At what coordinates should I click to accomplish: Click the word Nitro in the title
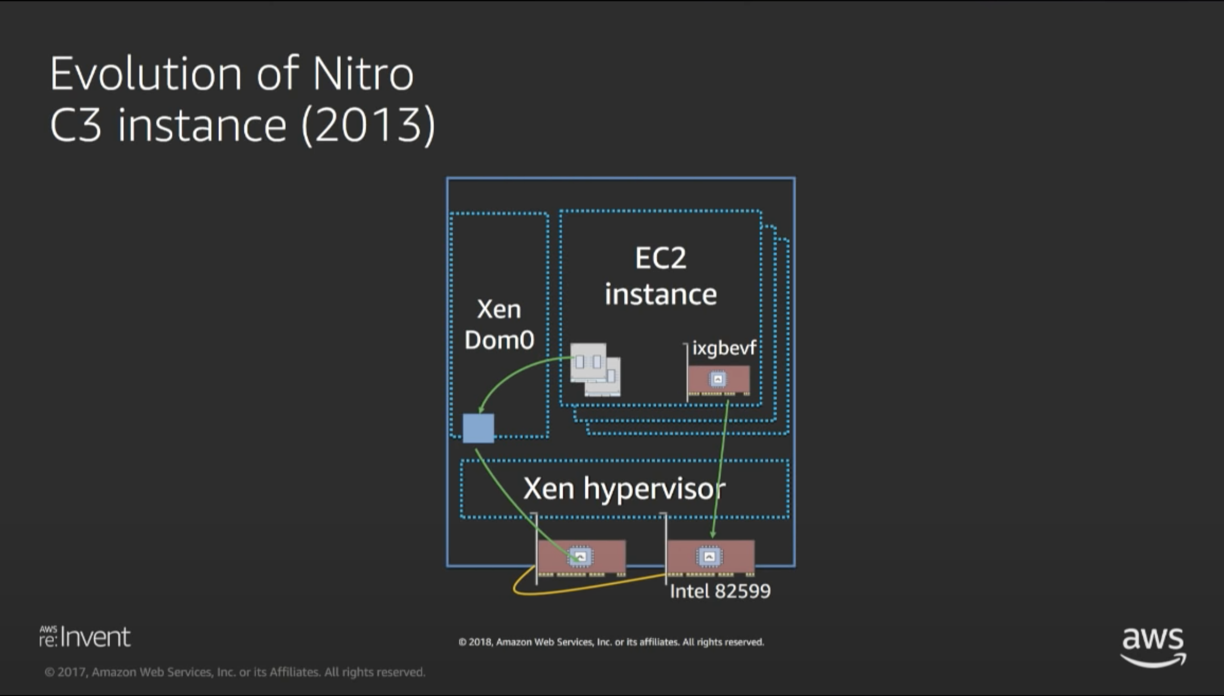coord(363,74)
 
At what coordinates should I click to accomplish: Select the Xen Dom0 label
coord(499,324)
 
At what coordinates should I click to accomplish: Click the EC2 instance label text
coord(661,276)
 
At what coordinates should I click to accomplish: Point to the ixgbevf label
coord(724,348)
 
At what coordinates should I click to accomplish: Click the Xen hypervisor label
coord(624,489)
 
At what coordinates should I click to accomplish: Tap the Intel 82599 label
coord(720,591)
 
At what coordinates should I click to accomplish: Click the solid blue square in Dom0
coord(478,428)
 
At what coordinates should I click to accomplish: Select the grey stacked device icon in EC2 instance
coord(595,369)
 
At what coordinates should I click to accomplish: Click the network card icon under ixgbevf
coord(718,380)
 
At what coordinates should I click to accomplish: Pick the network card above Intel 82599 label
coord(710,557)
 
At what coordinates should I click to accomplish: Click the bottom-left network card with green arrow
coord(581,557)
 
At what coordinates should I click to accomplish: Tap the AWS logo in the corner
coord(1153,645)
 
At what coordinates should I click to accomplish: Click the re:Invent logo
coord(85,637)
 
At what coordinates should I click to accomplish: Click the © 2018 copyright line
coord(611,642)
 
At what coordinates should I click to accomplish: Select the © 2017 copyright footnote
coord(235,672)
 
